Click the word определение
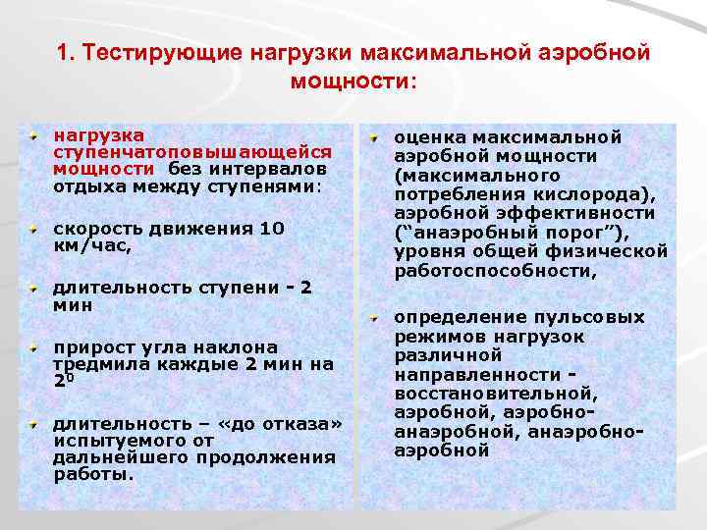click(x=457, y=317)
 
